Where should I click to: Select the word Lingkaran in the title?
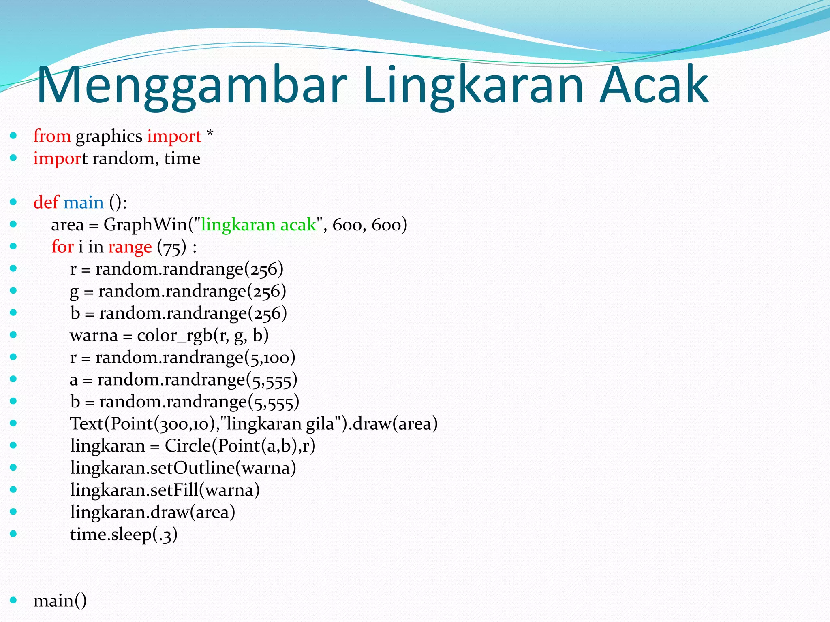coord(473,86)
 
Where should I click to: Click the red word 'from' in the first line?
coord(52,136)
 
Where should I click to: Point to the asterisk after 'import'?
coord(210,134)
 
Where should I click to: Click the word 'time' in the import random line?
coord(182,158)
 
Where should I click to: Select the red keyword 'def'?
coord(46,202)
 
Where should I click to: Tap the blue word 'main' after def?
coord(83,202)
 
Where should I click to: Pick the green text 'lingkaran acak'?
coord(258,224)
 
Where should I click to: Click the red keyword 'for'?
coord(62,246)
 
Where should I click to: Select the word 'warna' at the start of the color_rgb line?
coord(94,335)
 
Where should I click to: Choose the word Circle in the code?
coord(188,446)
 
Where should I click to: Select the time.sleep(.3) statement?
coord(124,534)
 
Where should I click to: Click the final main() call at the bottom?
coord(60,600)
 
